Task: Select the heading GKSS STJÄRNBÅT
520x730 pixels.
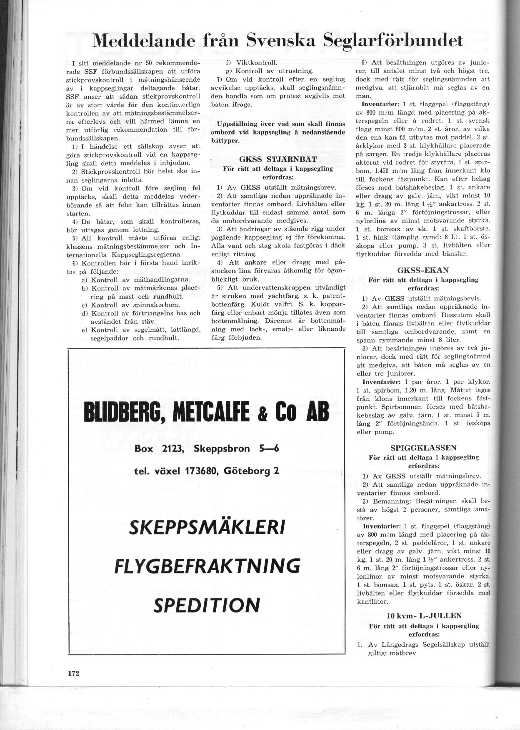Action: tap(278, 159)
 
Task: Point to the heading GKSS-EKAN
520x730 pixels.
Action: tap(423, 270)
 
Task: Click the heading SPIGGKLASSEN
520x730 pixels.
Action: tap(423, 448)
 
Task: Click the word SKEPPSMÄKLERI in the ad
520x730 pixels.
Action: tap(207, 528)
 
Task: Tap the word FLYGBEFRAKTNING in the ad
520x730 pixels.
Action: tap(207, 566)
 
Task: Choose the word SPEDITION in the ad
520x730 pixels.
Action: tap(207, 605)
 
